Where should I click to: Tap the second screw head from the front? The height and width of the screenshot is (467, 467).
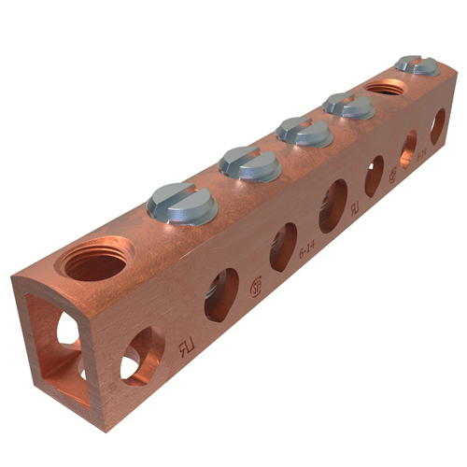250,163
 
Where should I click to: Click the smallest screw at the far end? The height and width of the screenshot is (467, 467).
417,65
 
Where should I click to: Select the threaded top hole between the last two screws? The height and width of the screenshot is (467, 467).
385,88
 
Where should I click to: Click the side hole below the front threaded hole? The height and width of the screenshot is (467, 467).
142,354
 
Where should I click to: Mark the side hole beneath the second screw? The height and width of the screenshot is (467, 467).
283,247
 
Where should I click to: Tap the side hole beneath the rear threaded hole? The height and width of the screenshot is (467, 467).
408,148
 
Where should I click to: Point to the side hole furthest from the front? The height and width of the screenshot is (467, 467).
437,125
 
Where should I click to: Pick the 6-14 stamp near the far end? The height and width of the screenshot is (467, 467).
421,151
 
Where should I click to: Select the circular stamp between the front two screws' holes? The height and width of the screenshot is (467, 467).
255,287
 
